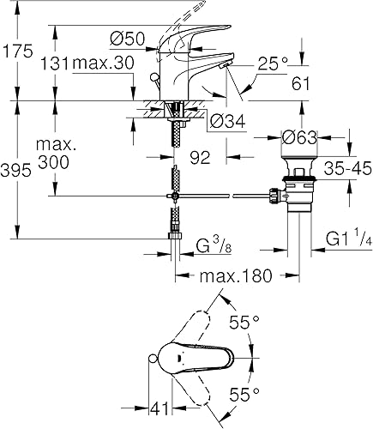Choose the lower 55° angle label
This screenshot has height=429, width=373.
pyautogui.click(x=245, y=396)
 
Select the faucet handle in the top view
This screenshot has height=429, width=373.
pyautogui.click(x=202, y=355)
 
